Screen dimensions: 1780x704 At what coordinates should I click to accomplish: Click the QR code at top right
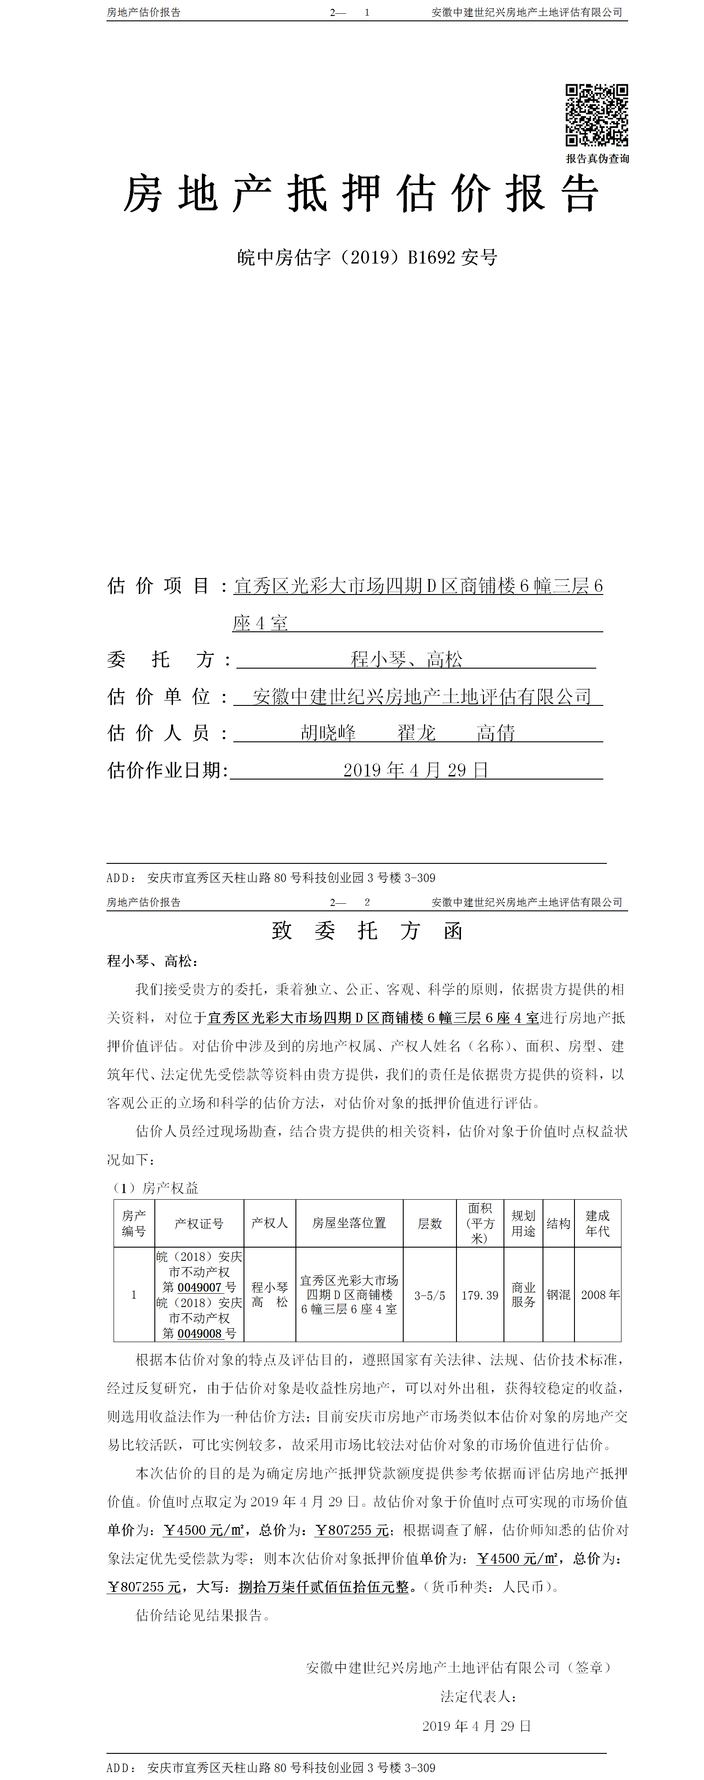(x=596, y=115)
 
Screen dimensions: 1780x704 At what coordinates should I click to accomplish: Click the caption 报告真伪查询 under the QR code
(x=597, y=159)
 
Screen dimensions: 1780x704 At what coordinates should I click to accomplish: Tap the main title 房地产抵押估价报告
(x=361, y=194)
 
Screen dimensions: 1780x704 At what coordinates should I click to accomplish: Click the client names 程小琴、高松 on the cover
(x=406, y=659)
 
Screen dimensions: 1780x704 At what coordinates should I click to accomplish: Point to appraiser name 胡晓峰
(x=328, y=732)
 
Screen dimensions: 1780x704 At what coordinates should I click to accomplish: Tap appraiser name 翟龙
(x=417, y=732)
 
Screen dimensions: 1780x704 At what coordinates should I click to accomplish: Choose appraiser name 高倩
(x=496, y=732)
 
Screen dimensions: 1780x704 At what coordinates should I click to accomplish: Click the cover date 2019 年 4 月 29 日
(x=416, y=770)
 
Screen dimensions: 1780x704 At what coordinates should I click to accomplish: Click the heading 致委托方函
(x=367, y=931)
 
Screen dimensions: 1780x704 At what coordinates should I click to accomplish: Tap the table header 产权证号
(x=199, y=1223)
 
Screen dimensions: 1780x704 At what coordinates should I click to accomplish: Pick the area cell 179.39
(x=480, y=1295)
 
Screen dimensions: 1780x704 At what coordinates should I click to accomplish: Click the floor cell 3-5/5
(x=430, y=1296)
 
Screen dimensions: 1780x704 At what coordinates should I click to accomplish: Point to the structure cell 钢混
(x=558, y=1295)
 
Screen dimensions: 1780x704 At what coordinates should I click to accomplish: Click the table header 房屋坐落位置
(x=349, y=1223)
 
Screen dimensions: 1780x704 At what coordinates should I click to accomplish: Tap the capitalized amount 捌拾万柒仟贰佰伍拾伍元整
(x=323, y=1587)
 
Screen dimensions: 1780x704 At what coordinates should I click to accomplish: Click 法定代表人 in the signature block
(x=478, y=1697)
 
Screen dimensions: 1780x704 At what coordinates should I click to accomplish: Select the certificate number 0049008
(x=199, y=1334)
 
